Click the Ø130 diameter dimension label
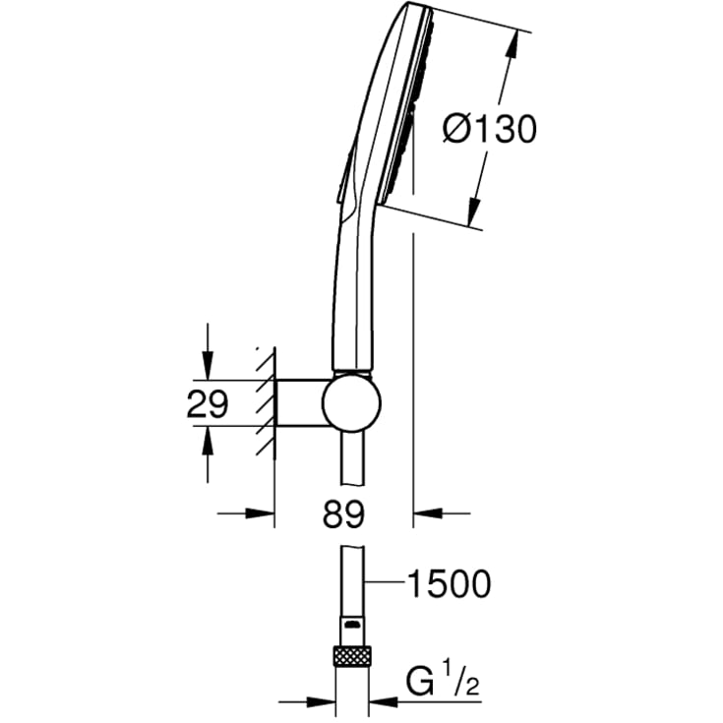pos(490,128)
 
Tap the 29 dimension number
pos(208,403)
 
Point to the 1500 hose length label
pos(449,584)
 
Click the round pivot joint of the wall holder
pos(352,403)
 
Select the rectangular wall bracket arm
pos(300,403)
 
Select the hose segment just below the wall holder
pos(352,462)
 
